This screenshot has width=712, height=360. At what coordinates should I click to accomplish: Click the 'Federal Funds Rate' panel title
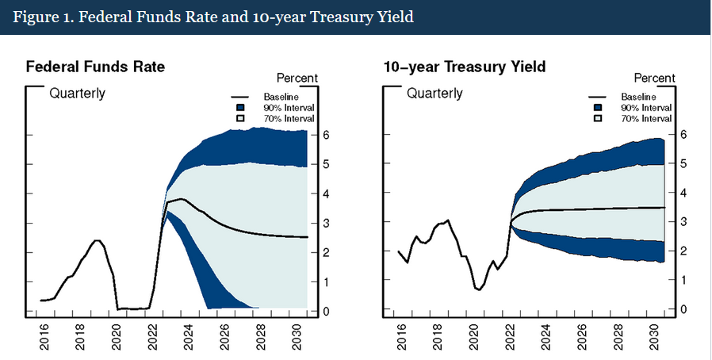tap(95, 67)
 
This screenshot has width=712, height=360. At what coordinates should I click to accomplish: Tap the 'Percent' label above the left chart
tap(297, 78)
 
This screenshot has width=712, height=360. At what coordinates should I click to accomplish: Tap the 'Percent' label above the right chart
tap(654, 78)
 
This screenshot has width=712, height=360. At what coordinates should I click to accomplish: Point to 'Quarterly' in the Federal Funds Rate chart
tap(77, 94)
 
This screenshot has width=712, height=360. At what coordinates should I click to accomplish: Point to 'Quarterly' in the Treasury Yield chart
tap(434, 94)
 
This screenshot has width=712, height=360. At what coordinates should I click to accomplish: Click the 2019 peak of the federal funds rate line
tap(96, 240)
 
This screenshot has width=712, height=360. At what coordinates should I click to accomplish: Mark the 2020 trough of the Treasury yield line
tap(478, 289)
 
